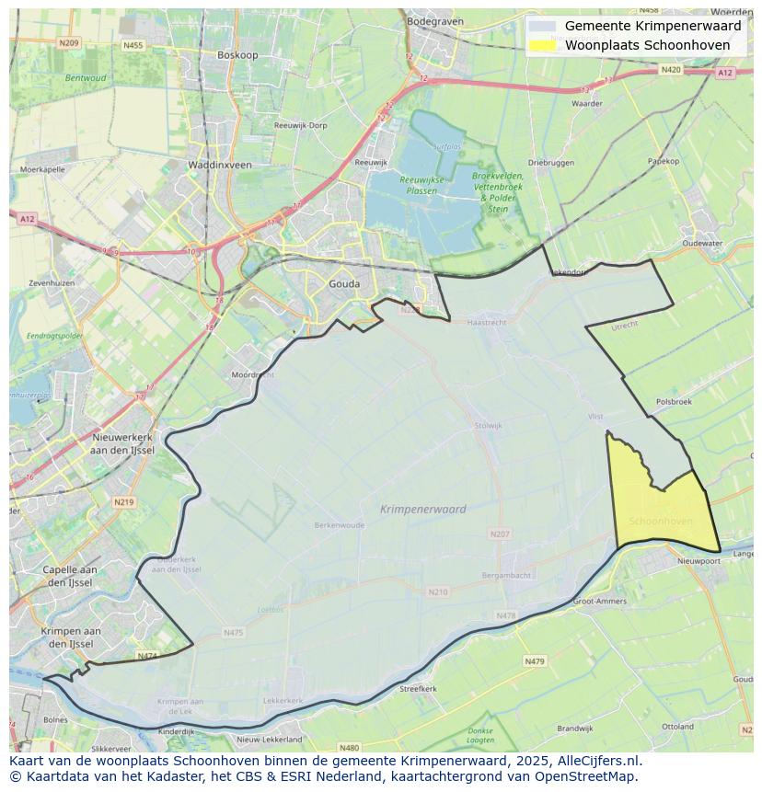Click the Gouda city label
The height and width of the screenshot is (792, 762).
344,284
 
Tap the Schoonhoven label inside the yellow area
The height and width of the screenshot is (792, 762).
661,522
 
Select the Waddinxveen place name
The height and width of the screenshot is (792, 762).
219,165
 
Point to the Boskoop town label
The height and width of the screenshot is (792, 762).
237,55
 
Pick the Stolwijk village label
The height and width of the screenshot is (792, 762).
488,425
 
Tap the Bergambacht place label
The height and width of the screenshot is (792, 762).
506,575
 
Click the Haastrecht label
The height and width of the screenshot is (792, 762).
487,323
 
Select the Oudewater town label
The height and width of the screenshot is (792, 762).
702,244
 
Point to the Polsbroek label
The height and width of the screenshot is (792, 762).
674,402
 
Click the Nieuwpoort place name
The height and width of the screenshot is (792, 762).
698,560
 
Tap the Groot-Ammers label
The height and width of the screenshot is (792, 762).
599,601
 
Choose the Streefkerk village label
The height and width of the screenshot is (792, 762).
418,688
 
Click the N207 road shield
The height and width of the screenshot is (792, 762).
500,534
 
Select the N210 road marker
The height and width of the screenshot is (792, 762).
438,591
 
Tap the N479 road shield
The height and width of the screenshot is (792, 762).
535,660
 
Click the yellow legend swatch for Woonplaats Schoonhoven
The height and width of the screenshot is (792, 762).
542,45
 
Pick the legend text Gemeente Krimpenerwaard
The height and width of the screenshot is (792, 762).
652,27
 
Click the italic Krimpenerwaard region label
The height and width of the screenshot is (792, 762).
422,509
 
